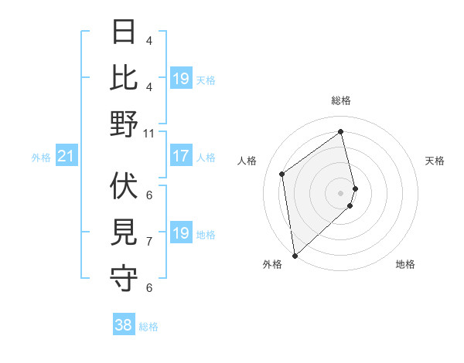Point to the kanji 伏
point(124,185)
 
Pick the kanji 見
point(124,232)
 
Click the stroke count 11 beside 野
point(149,133)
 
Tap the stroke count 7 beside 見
point(149,241)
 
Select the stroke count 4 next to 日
point(149,40)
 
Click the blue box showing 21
point(67,157)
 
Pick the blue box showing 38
point(124,325)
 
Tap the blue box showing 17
point(181,157)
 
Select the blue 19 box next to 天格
point(181,79)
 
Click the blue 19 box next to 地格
point(181,234)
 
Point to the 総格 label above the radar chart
point(341,101)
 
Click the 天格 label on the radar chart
point(435,161)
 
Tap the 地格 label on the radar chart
point(405,264)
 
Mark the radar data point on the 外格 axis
point(295,255)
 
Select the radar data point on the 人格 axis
point(282,174)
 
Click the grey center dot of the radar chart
point(341,192)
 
